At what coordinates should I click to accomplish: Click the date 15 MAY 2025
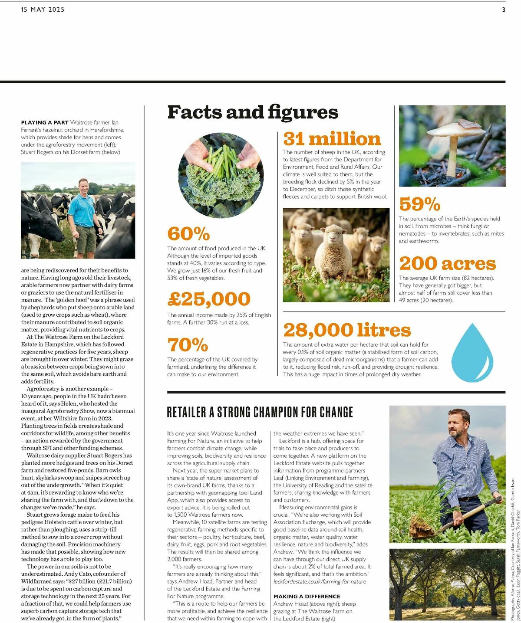pos(43,10)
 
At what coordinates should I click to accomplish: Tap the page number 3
pos(504,10)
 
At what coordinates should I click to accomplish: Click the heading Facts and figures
pos(253,112)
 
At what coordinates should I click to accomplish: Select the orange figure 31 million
pos(332,139)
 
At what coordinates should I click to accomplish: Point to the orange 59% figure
pos(419,204)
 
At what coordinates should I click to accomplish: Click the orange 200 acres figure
pos(447,264)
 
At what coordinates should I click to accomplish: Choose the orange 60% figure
pos(188,234)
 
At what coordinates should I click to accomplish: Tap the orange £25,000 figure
pos(209,299)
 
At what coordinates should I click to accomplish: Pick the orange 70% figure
pos(188,345)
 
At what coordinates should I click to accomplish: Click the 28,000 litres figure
pos(347,330)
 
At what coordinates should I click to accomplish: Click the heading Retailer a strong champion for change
pos(260,412)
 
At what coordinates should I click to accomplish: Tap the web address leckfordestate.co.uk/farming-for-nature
pos(320,581)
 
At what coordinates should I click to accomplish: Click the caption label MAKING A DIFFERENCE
pos(307,597)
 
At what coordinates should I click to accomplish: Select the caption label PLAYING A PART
pos(45,123)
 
